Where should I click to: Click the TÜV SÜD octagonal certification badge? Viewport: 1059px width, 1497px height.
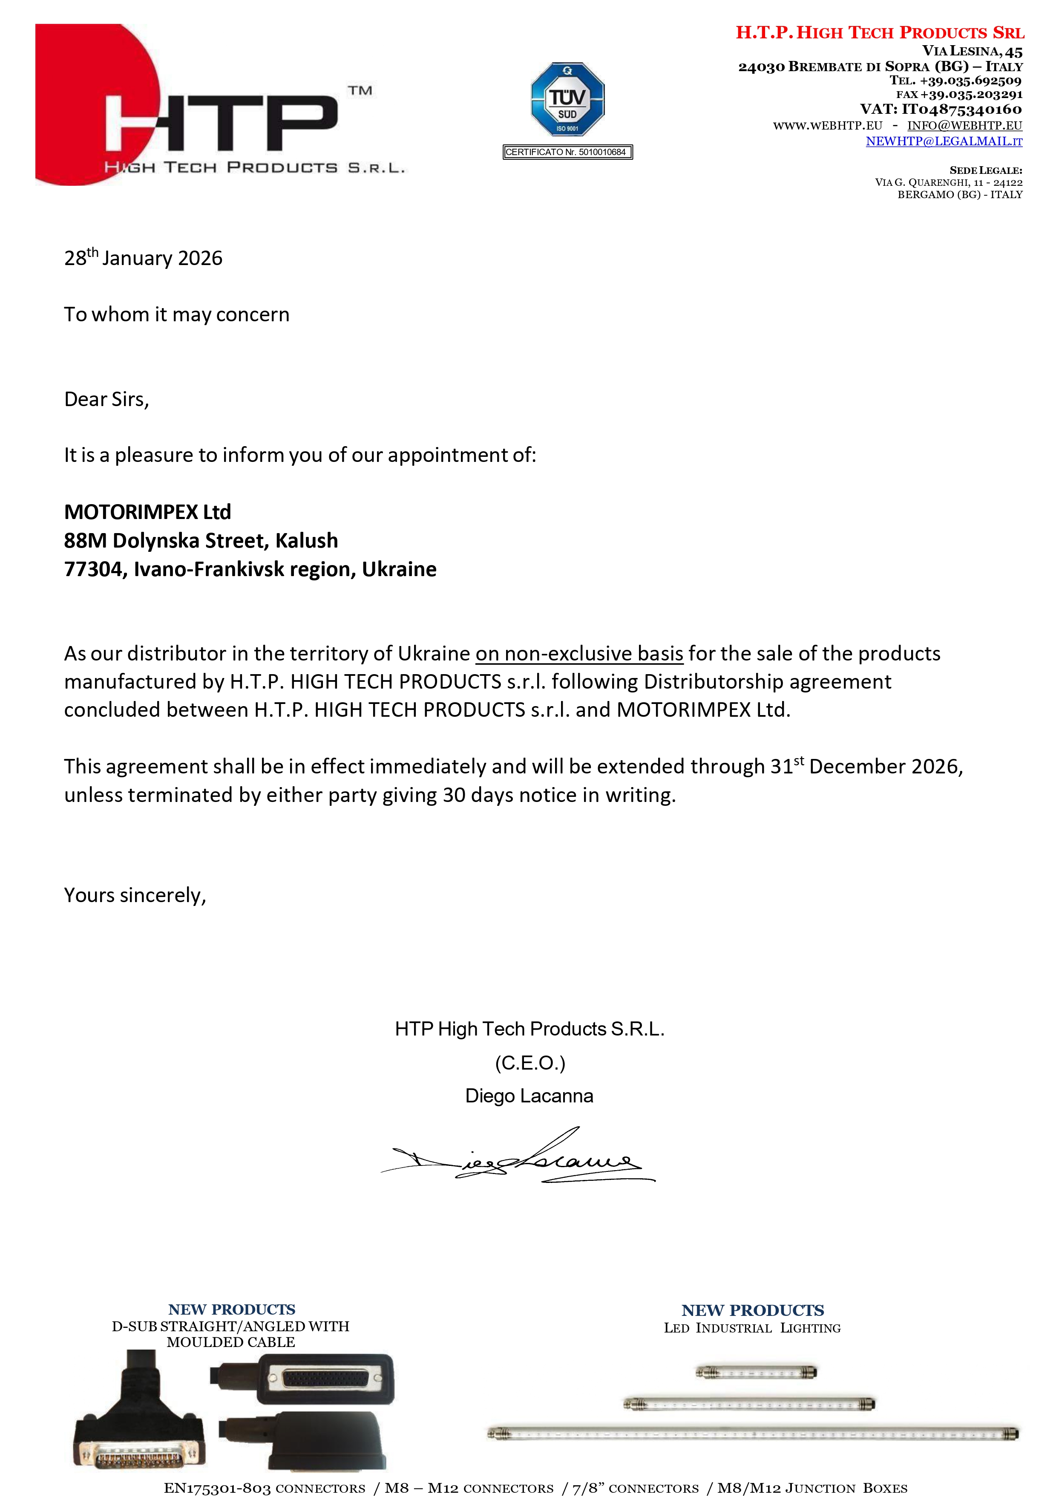567,99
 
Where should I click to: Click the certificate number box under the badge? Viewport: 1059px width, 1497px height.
567,152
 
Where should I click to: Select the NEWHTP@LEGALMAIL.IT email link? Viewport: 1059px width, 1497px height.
944,141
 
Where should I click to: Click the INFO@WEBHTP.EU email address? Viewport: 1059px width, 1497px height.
964,125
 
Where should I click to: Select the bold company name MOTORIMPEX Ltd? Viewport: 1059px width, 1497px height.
147,512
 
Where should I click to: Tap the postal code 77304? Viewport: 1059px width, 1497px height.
93,569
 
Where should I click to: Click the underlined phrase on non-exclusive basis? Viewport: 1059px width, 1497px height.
579,654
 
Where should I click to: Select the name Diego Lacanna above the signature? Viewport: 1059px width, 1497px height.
529,1096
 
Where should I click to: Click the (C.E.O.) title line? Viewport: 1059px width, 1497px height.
529,1063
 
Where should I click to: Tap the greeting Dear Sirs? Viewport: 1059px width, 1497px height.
106,399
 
